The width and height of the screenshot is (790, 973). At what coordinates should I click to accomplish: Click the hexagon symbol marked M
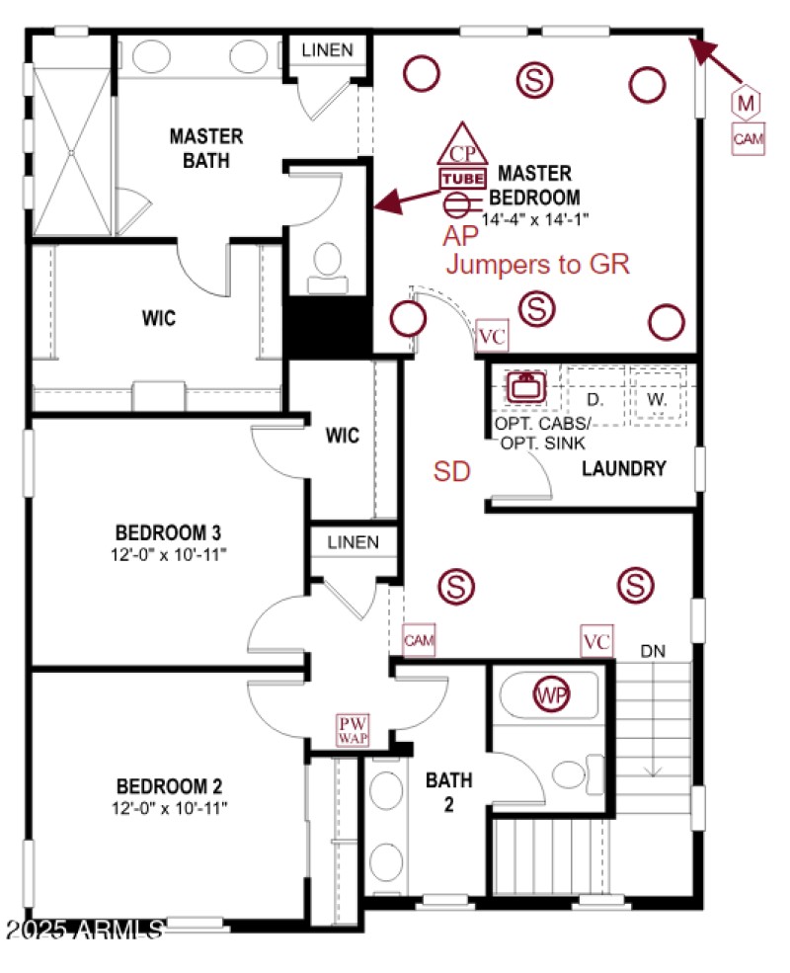coord(748,102)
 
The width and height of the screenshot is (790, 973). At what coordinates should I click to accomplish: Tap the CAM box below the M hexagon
coord(748,139)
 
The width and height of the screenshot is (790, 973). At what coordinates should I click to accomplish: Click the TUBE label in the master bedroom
coord(462,179)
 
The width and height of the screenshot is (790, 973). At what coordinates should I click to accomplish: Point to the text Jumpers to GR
coord(537,265)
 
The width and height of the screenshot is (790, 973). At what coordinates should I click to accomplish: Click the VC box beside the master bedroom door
coord(492,336)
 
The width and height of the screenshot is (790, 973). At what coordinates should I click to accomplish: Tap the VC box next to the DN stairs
coord(596,640)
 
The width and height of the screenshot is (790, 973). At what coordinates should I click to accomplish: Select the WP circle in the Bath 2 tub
coord(552,693)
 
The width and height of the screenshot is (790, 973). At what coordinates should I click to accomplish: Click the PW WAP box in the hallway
coord(353,730)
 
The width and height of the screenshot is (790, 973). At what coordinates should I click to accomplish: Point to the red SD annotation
coord(452,472)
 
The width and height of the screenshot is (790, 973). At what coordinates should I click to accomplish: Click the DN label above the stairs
coord(653,651)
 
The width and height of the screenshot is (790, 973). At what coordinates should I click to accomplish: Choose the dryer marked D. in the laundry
coord(594,399)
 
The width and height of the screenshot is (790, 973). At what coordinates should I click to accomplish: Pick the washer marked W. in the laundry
coord(658,399)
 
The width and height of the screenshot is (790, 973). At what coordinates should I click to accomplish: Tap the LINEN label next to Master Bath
coord(327,49)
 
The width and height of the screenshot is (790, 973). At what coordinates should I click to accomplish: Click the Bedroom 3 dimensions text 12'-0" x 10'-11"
coord(169,555)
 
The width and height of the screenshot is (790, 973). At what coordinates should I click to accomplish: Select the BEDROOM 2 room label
coord(169,787)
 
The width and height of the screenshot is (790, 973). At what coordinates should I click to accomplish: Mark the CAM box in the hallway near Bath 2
coord(419,640)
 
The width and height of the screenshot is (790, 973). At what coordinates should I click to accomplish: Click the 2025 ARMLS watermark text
coord(83,931)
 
